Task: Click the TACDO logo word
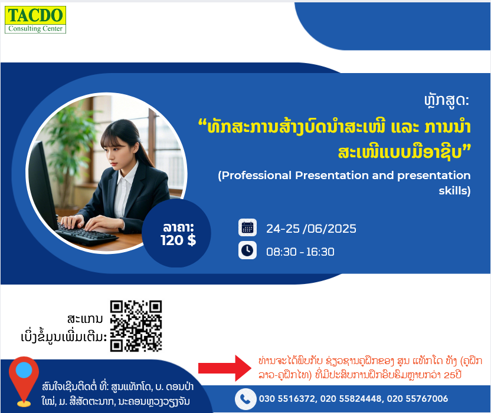[x=35, y=15]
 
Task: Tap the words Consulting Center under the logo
[x=35, y=28]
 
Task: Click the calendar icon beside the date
[x=247, y=227]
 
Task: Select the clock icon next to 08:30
[x=247, y=250]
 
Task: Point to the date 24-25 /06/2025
[x=311, y=229]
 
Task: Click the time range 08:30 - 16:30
[x=300, y=252]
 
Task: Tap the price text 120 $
[x=178, y=240]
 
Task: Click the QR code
[x=136, y=326]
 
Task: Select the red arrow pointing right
[x=224, y=368]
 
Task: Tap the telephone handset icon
[x=245, y=399]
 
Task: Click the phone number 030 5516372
[x=287, y=399]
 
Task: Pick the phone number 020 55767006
[x=417, y=399]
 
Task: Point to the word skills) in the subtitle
[x=454, y=191]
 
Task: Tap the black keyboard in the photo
[x=85, y=233]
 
